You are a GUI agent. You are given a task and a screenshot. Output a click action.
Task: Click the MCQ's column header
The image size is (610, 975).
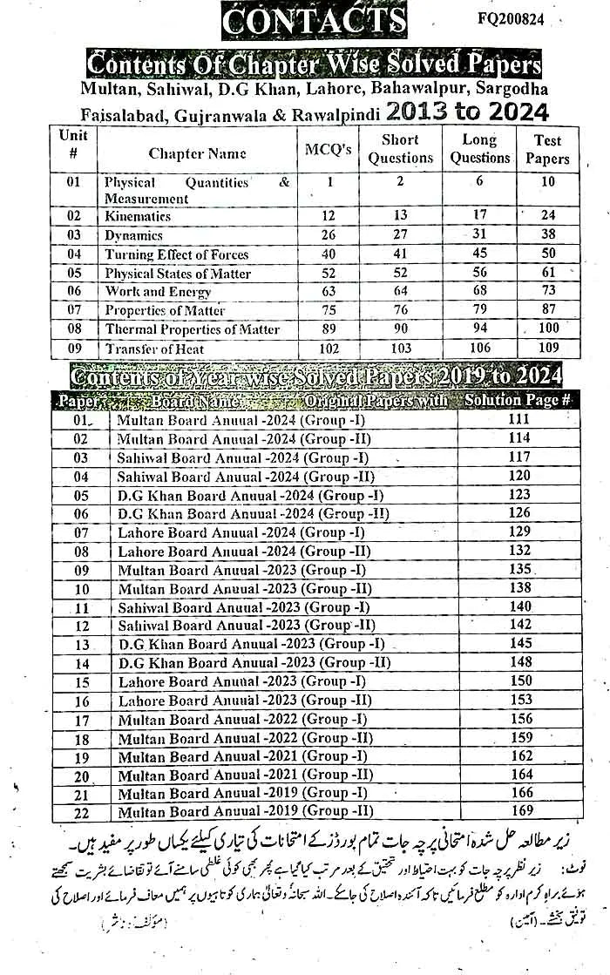click(x=328, y=150)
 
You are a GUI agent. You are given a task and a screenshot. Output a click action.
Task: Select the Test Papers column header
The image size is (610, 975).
click(x=547, y=150)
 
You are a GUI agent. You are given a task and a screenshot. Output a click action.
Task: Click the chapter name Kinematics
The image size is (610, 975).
click(x=138, y=216)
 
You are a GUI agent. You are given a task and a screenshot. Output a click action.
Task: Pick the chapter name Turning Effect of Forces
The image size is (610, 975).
click(x=176, y=254)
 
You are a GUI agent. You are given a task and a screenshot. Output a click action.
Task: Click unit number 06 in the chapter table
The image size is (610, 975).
click(x=72, y=292)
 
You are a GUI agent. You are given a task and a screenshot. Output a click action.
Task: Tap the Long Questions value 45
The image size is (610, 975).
click(x=480, y=254)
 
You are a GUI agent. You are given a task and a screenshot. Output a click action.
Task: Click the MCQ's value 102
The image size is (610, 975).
click(x=329, y=349)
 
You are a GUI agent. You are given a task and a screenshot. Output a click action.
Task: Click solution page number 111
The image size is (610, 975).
click(x=519, y=419)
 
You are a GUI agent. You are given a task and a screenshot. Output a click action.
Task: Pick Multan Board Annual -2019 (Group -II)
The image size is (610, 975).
click(x=245, y=812)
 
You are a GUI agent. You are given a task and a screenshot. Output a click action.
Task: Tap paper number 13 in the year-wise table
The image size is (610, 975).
click(x=82, y=645)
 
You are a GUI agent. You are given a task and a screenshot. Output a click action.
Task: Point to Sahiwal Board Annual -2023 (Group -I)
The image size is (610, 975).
click(x=243, y=607)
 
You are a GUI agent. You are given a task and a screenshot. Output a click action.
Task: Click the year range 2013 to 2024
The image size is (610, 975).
click(x=468, y=112)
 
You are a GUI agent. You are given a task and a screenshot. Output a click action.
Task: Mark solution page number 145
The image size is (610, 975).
click(x=519, y=644)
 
